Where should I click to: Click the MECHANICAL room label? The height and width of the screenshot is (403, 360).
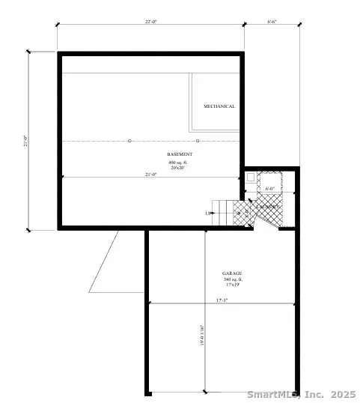tap(219, 106)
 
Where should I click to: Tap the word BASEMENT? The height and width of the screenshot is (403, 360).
tap(180, 154)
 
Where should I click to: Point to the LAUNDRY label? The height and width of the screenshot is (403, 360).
tap(269, 206)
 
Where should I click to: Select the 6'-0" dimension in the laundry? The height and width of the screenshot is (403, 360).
tap(271, 189)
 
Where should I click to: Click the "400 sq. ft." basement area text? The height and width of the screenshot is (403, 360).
tap(180, 162)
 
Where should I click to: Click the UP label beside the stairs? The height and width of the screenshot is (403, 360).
tap(208, 213)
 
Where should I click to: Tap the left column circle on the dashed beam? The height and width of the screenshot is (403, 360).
tap(129, 141)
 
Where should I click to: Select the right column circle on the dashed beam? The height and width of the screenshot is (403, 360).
tap(198, 141)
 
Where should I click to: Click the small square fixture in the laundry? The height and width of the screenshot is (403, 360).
tap(251, 178)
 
